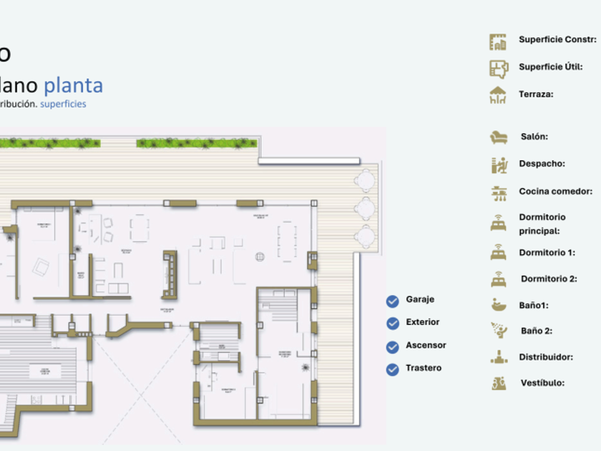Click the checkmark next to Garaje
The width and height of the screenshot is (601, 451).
click(x=392, y=301)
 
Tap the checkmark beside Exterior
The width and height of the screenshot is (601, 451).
click(x=392, y=324)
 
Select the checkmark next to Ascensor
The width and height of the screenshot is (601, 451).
click(x=392, y=347)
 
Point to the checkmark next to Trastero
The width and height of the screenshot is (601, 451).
click(x=392, y=369)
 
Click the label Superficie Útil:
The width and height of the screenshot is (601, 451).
click(x=550, y=67)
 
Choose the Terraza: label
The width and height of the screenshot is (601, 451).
click(x=536, y=94)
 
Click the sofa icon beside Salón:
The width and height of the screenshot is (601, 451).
click(x=499, y=137)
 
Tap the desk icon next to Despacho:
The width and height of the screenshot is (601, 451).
click(x=499, y=165)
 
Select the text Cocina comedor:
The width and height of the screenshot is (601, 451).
click(x=555, y=191)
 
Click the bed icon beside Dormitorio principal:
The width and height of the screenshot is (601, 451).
click(x=499, y=223)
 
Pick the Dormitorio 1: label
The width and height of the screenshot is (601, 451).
click(x=547, y=252)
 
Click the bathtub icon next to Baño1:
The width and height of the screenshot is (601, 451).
click(x=499, y=305)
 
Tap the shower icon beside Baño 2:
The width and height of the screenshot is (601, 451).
click(x=499, y=331)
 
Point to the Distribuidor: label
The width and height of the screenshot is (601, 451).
click(x=547, y=357)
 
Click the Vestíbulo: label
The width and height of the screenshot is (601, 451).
click(x=542, y=383)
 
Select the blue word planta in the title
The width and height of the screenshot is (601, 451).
click(x=73, y=85)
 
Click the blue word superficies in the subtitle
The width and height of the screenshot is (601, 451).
click(x=63, y=104)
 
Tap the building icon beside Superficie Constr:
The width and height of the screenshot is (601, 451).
click(x=498, y=42)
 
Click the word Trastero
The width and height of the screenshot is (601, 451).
click(x=424, y=368)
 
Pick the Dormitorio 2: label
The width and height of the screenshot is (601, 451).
click(x=549, y=278)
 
